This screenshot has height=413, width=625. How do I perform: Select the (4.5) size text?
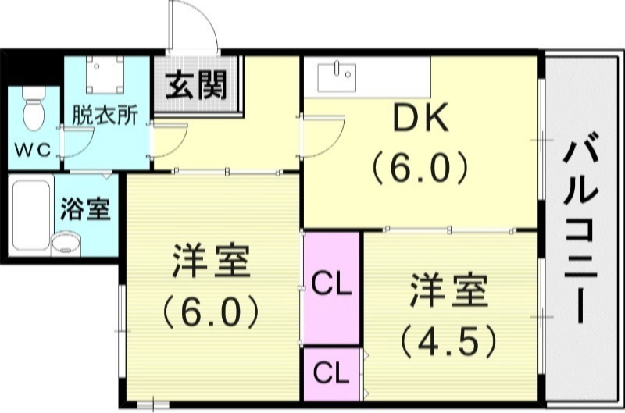click(x=448, y=340)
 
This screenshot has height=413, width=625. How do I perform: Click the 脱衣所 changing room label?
click(x=105, y=114)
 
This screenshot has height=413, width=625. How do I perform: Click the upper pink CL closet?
click(x=331, y=286)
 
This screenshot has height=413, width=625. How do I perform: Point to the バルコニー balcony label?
click(x=583, y=230)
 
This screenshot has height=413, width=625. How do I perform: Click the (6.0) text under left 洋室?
click(x=211, y=312)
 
